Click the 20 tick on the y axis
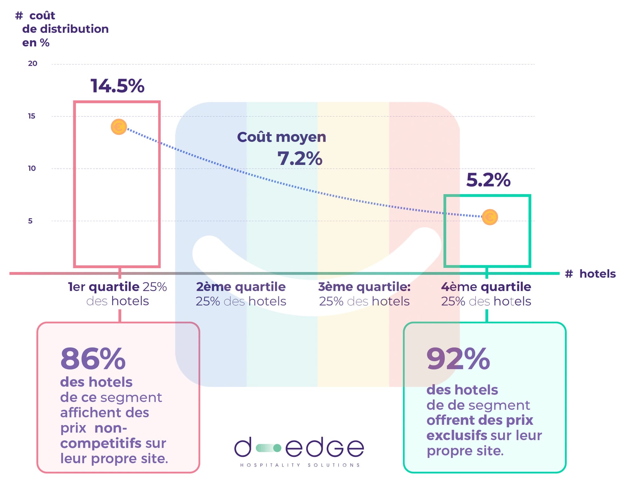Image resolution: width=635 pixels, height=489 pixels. pyautogui.click(x=32, y=64)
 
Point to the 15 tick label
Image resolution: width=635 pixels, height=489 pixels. pyautogui.click(x=31, y=116)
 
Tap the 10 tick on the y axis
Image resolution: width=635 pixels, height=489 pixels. pyautogui.click(x=32, y=168)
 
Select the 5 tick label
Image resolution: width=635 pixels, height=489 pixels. pyautogui.click(x=30, y=221)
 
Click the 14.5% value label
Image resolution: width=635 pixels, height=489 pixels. pyautogui.click(x=117, y=86)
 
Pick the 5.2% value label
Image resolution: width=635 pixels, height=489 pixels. pyautogui.click(x=488, y=180)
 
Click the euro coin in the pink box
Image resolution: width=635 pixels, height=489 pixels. pyautogui.click(x=119, y=127)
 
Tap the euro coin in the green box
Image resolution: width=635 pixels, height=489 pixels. pyautogui.click(x=490, y=217)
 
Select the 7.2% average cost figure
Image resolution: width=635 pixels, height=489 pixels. pyautogui.click(x=300, y=158)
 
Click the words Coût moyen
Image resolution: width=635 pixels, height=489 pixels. pyautogui.click(x=282, y=137)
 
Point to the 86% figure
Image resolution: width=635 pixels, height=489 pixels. pyautogui.click(x=93, y=359)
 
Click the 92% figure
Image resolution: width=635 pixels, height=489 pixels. pyautogui.click(x=458, y=359)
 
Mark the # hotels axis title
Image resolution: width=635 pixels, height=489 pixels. pyautogui.click(x=591, y=274)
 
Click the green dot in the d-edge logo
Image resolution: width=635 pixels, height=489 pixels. pyautogui.click(x=277, y=448)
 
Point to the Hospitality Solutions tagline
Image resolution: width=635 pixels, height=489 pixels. pyautogui.click(x=300, y=465)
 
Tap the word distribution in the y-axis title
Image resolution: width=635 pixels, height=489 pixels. pyautogui.click(x=74, y=29)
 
